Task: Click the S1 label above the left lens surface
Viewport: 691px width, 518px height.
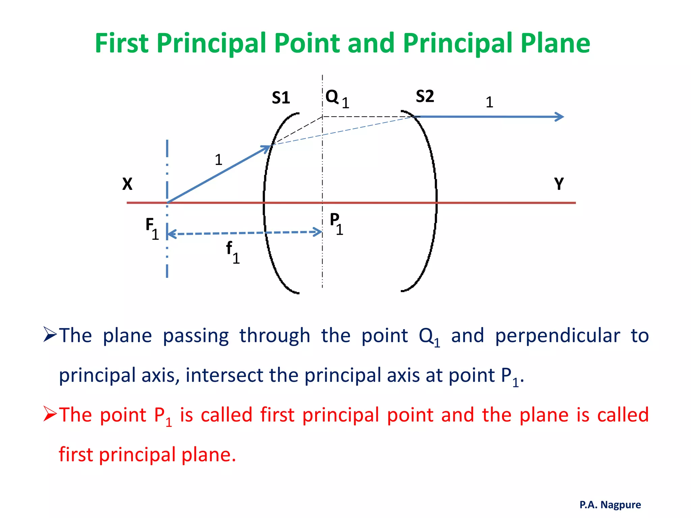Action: pos(281,98)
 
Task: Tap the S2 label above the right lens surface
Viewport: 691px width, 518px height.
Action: pos(425,96)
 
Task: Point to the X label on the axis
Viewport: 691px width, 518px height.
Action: pos(127,184)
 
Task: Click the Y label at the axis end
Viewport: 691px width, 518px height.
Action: pos(559,184)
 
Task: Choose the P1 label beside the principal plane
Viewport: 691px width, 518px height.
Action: pos(336,223)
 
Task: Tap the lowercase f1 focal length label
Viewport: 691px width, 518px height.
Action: pos(232,252)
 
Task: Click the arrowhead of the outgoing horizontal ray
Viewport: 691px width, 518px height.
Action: pos(560,117)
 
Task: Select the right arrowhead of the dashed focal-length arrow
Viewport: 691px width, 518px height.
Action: pos(318,232)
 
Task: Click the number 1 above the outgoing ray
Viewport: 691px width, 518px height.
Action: pos(489,102)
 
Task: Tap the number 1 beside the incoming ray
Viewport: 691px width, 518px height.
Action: pos(218,160)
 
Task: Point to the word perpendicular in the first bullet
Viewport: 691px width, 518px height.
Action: pos(557,336)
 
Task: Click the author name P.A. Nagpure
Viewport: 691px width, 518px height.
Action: pos(610,505)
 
